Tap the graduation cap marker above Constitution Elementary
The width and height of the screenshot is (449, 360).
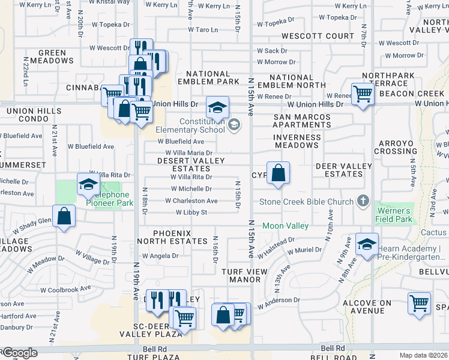click(x=217, y=108)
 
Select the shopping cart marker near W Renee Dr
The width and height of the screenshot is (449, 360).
click(x=363, y=94)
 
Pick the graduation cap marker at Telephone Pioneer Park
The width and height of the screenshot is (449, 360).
click(x=88, y=185)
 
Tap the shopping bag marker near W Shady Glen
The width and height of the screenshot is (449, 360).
click(x=64, y=217)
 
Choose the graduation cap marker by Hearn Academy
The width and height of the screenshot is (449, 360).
click(x=367, y=244)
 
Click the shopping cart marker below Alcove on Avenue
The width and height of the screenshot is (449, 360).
click(x=419, y=302)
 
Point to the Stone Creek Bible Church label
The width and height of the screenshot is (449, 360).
click(x=306, y=201)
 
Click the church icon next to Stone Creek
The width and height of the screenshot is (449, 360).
click(x=362, y=200)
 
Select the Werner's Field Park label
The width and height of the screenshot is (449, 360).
click(x=394, y=215)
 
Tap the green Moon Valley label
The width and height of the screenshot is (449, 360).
click(x=285, y=226)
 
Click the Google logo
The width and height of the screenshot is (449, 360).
click(x=19, y=353)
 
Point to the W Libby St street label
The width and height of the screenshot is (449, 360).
click(x=191, y=212)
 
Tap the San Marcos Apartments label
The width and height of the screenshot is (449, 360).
click(x=302, y=121)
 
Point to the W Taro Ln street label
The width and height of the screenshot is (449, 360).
click(x=202, y=29)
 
